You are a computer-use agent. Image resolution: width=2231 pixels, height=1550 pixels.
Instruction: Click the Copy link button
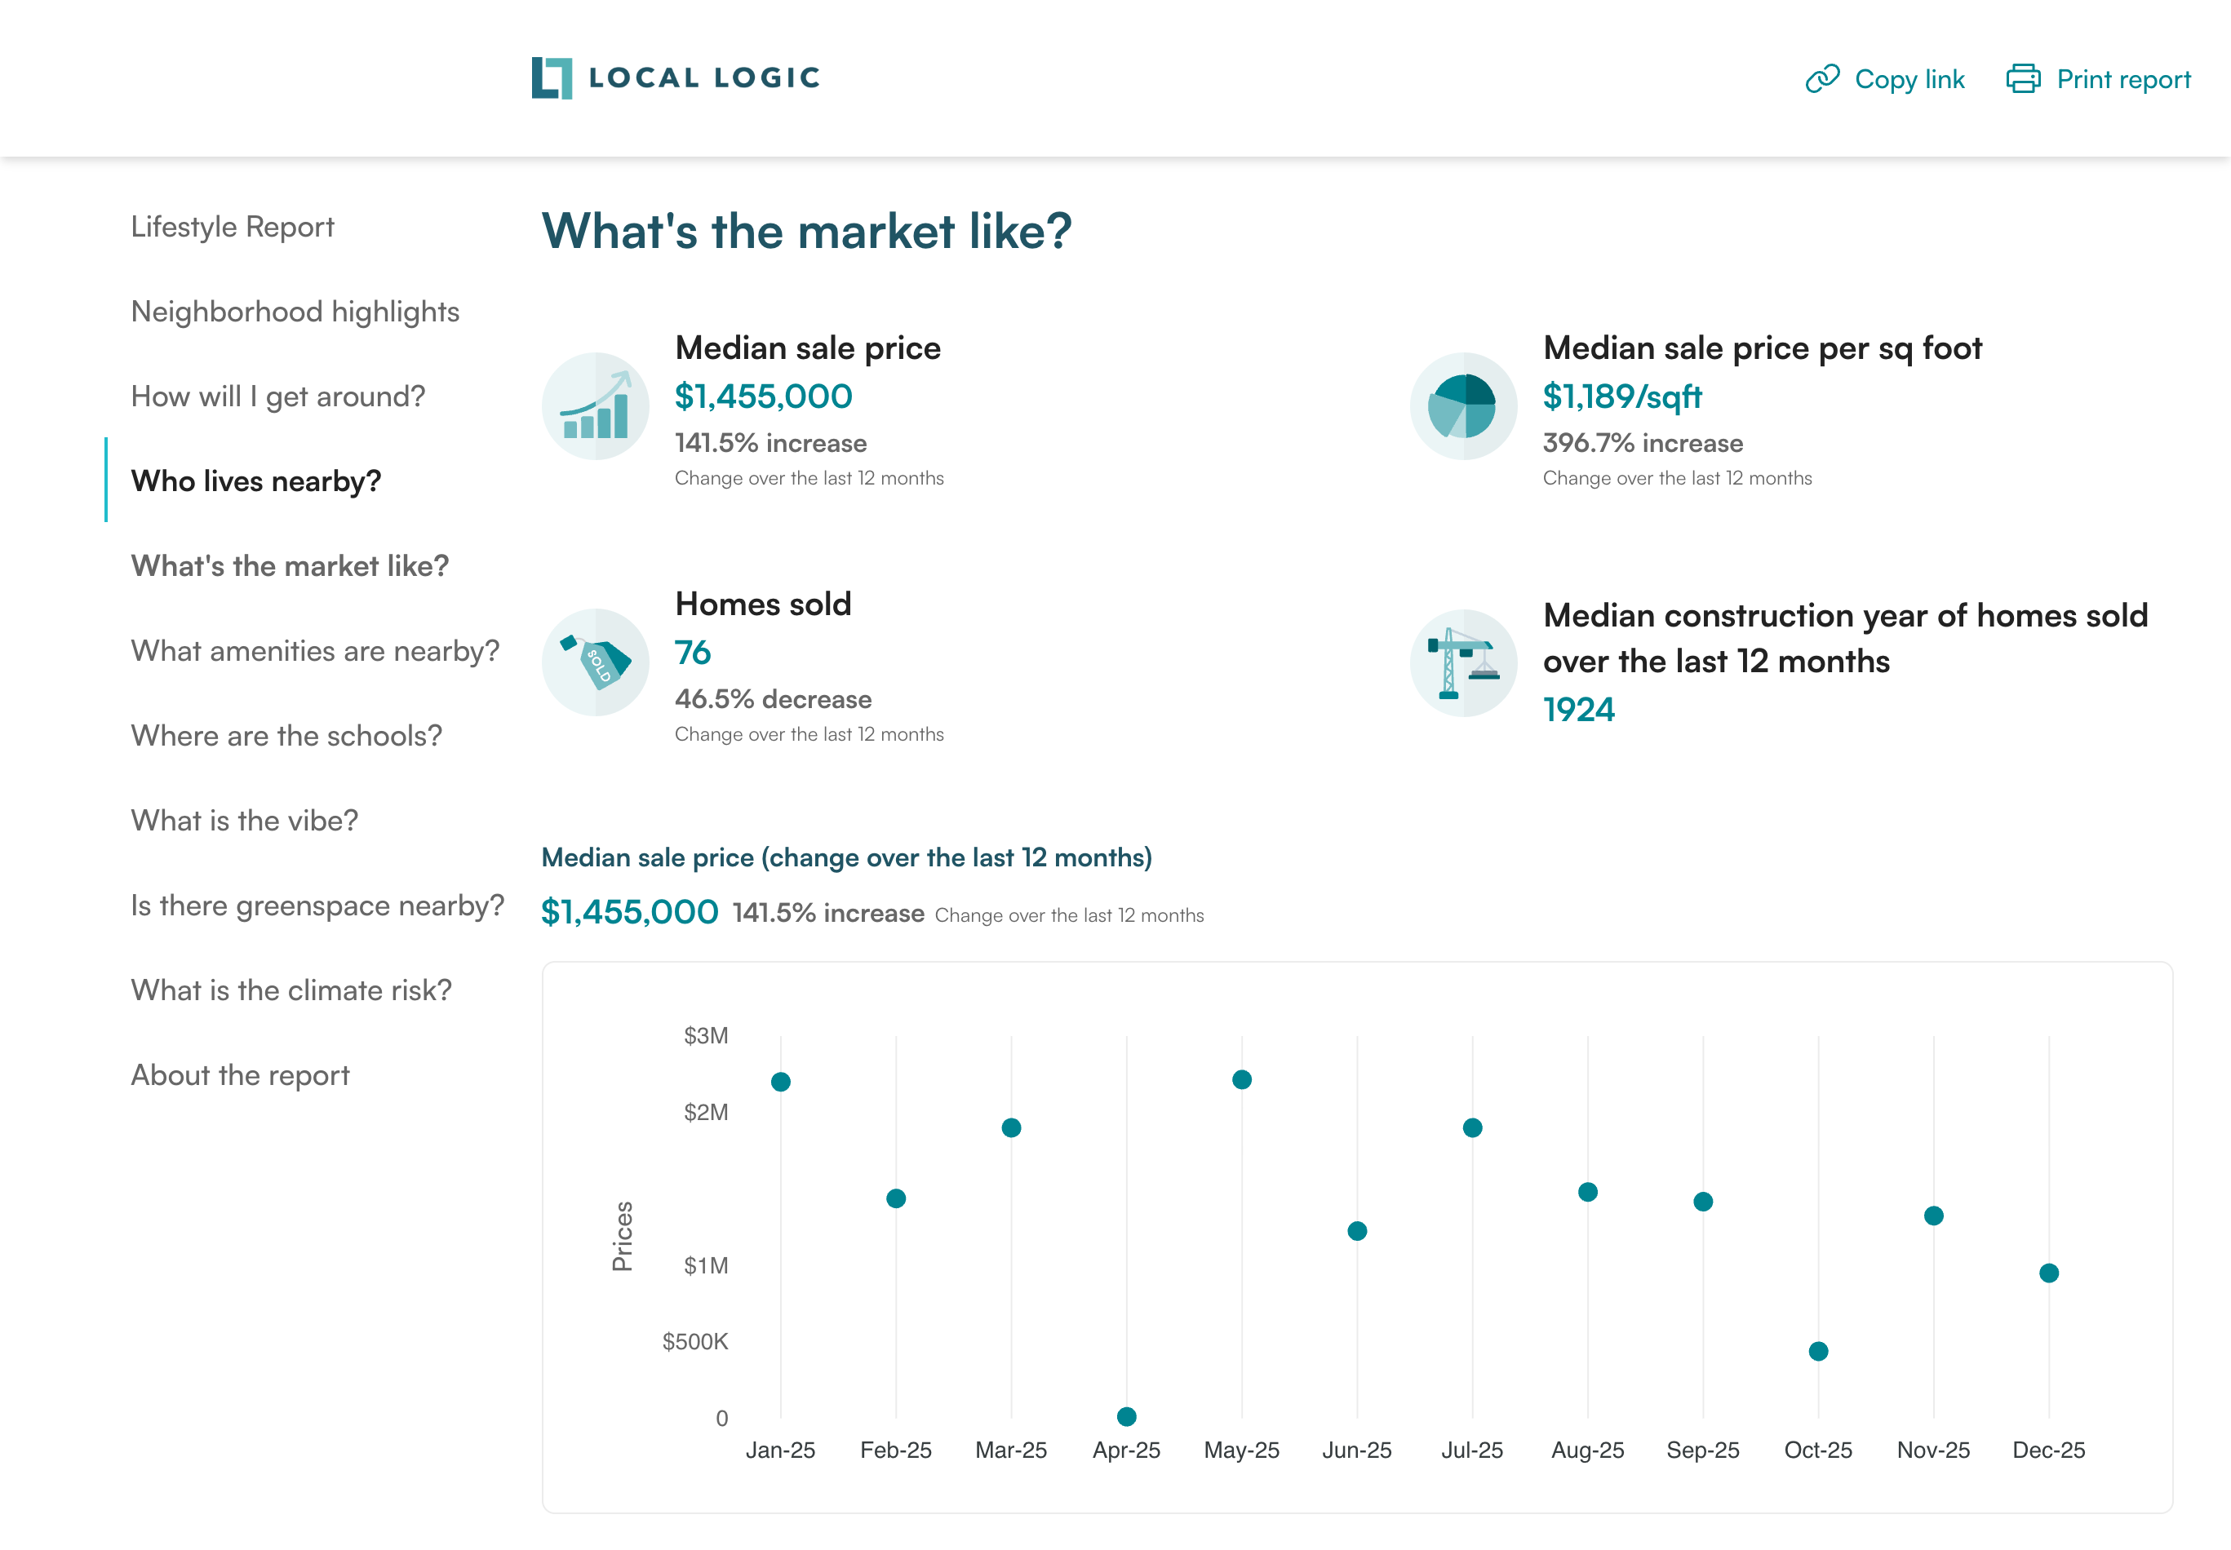(x=1884, y=78)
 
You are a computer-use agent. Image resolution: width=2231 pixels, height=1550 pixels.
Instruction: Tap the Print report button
(x=2098, y=78)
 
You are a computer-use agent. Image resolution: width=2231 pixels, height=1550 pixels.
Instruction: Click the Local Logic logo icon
(x=552, y=77)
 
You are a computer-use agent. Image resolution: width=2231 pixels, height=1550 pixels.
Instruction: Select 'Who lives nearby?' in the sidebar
(x=255, y=480)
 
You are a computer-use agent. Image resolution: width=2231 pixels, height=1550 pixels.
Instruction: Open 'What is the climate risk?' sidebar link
(x=291, y=990)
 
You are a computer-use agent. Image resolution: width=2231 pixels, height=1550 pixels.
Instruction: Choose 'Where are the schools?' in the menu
(x=286, y=735)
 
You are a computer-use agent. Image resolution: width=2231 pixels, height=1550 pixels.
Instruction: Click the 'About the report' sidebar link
(x=240, y=1075)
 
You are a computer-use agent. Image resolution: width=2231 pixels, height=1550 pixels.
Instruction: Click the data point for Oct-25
(x=1818, y=1351)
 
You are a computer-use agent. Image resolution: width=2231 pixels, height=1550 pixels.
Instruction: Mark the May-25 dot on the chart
(x=1241, y=1079)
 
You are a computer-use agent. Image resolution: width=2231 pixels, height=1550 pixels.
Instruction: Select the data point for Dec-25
(x=2048, y=1273)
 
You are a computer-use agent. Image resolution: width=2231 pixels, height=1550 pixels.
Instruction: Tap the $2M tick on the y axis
(x=705, y=1112)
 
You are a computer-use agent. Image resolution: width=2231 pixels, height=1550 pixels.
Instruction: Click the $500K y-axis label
(x=694, y=1341)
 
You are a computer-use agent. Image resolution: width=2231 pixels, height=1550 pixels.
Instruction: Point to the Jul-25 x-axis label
(x=1471, y=1450)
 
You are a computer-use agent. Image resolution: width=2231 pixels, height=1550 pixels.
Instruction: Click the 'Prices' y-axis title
(x=622, y=1235)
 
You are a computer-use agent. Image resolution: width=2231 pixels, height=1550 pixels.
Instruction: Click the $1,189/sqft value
(x=1621, y=396)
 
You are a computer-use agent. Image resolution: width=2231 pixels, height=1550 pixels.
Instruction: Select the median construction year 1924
(x=1578, y=710)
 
